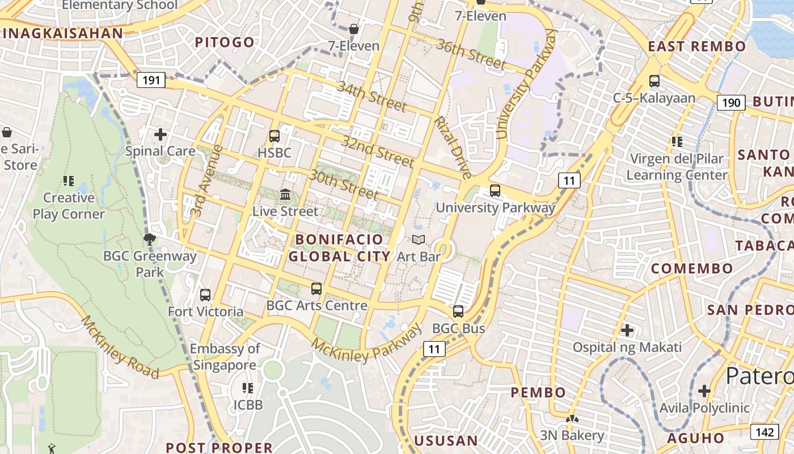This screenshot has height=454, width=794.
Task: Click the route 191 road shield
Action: click(151, 80)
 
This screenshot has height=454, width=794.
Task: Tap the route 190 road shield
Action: click(731, 102)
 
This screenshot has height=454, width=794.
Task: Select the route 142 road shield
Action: click(765, 432)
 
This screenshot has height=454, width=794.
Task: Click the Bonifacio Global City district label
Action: click(339, 247)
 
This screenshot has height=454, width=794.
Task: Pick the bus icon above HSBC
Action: click(274, 136)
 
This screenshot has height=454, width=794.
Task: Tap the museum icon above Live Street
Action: click(285, 195)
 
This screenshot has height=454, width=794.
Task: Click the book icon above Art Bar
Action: click(419, 240)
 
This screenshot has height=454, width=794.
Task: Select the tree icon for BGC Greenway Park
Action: click(150, 239)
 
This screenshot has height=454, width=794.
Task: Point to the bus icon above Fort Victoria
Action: click(205, 295)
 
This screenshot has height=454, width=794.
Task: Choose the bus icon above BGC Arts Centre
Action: click(316, 289)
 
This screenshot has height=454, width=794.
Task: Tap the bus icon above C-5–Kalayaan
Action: click(654, 81)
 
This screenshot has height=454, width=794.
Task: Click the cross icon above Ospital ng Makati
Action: click(627, 330)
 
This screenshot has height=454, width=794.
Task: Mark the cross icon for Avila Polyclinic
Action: click(704, 391)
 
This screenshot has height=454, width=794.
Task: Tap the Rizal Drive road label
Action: click(452, 148)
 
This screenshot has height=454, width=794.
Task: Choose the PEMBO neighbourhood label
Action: click(538, 392)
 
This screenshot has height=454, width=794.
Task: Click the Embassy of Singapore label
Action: click(225, 356)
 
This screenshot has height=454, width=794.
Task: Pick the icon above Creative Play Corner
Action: click(69, 181)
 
